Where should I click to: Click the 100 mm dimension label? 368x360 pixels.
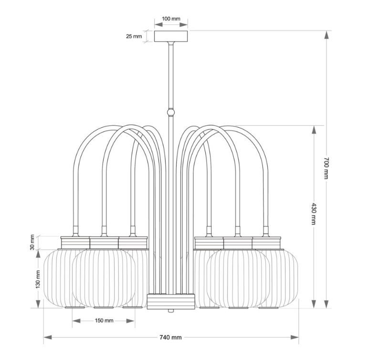[x=171, y=19]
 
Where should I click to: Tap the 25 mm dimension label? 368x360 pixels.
[x=134, y=36]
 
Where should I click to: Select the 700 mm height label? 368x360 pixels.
[x=326, y=168]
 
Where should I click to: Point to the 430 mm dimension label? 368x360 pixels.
[x=314, y=214]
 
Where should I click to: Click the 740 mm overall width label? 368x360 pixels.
[x=170, y=338]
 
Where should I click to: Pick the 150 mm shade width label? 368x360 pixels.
[x=104, y=320]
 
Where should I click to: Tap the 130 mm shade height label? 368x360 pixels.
[x=38, y=279]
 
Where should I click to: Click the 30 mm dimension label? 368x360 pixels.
[x=32, y=242]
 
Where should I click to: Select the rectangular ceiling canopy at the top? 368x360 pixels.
[x=171, y=36]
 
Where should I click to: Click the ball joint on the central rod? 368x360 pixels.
[x=171, y=112]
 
